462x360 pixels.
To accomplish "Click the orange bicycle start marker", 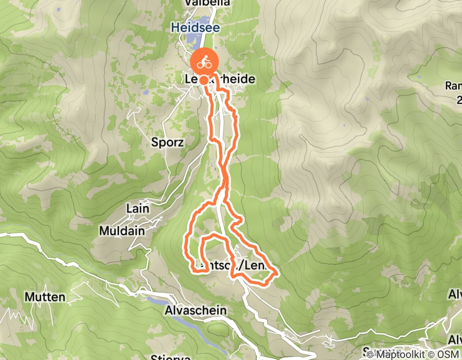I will [x=204, y=63].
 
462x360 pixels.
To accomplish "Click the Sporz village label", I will [x=167, y=142].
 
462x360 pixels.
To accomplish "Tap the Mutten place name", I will [x=45, y=297].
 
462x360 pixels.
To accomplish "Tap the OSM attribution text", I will [x=448, y=354].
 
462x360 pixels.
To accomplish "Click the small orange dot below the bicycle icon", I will [x=204, y=80].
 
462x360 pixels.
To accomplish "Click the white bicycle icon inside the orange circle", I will [x=204, y=62].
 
